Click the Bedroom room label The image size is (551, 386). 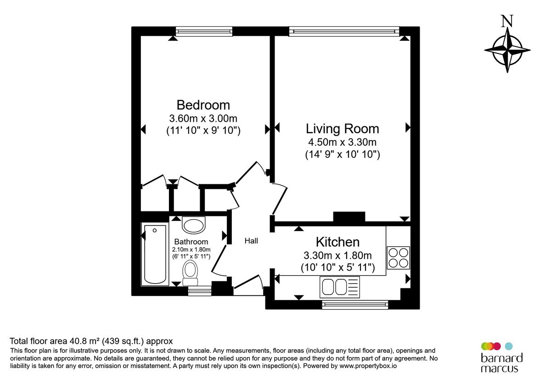(203, 105)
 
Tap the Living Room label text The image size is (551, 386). (342, 129)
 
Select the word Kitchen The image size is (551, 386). (337, 242)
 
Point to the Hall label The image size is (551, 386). (251, 241)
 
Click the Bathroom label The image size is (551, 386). (191, 242)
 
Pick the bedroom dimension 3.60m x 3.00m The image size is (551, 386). (203, 118)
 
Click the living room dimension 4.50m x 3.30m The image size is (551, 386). (342, 142)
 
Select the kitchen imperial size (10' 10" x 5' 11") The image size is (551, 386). (337, 267)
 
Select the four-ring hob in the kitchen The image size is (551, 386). (398, 258)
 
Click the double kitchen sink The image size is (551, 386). (334, 287)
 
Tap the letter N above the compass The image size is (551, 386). (507, 21)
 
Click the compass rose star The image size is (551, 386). (507, 50)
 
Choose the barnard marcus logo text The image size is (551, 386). (501, 363)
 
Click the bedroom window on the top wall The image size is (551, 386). (204, 31)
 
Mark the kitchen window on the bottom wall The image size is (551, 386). (355, 304)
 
